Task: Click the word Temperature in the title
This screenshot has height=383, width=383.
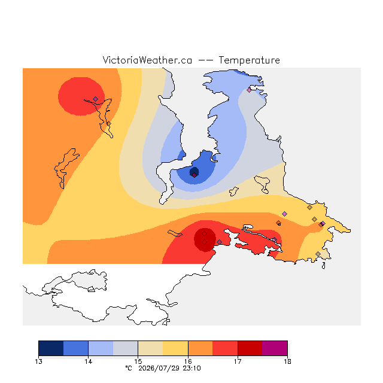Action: pos(249,60)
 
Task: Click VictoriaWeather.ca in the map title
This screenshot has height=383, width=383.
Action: pos(147,60)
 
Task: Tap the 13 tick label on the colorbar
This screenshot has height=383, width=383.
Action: pos(38,361)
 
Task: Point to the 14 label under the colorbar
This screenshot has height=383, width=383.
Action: pos(88,361)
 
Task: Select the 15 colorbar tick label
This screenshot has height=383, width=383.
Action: pos(138,361)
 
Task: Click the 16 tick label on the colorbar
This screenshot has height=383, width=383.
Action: pos(188,361)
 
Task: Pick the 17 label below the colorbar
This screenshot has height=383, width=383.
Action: pos(238,361)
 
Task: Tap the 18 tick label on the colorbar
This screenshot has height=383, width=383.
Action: pos(287,361)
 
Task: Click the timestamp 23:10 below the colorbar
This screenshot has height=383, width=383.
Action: pos(191,369)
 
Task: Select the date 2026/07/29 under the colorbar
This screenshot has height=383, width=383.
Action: pos(159,369)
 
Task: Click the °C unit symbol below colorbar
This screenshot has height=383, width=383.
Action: pos(129,368)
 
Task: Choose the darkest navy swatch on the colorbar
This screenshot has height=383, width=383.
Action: pos(51,348)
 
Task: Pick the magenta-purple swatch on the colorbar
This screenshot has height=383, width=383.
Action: pos(275,348)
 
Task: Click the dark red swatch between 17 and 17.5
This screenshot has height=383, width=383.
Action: pos(250,348)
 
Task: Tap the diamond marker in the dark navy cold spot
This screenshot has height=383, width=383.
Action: pos(194,175)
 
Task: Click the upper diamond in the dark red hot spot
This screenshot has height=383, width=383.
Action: pos(205,234)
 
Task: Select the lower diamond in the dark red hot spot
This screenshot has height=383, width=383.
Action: pos(205,242)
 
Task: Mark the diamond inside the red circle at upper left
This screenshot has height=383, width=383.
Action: pos(96,99)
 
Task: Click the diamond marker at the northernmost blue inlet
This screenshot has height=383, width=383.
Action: pos(249,90)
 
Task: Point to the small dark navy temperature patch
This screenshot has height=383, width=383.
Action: pos(194,172)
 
